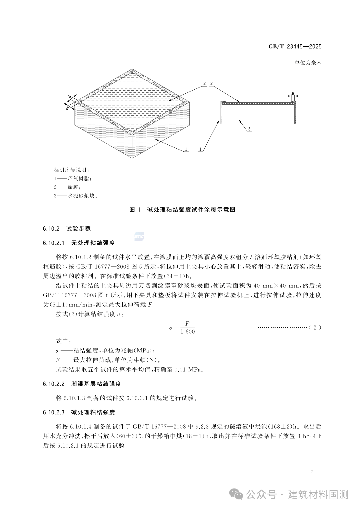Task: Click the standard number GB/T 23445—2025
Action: (295, 47)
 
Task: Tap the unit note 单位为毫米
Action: (308, 63)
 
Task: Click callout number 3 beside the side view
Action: (249, 129)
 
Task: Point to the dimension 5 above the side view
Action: (293, 94)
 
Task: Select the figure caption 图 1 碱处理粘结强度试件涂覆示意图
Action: (182, 210)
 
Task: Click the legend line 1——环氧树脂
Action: (73, 179)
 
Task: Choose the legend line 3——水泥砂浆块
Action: (76, 196)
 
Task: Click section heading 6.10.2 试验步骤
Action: (67, 229)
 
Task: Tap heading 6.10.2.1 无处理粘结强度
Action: (79, 243)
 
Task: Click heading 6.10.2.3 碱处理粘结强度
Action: (79, 412)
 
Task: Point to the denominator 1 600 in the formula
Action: (188, 332)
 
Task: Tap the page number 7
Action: (312, 472)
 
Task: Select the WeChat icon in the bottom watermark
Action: (238, 495)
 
